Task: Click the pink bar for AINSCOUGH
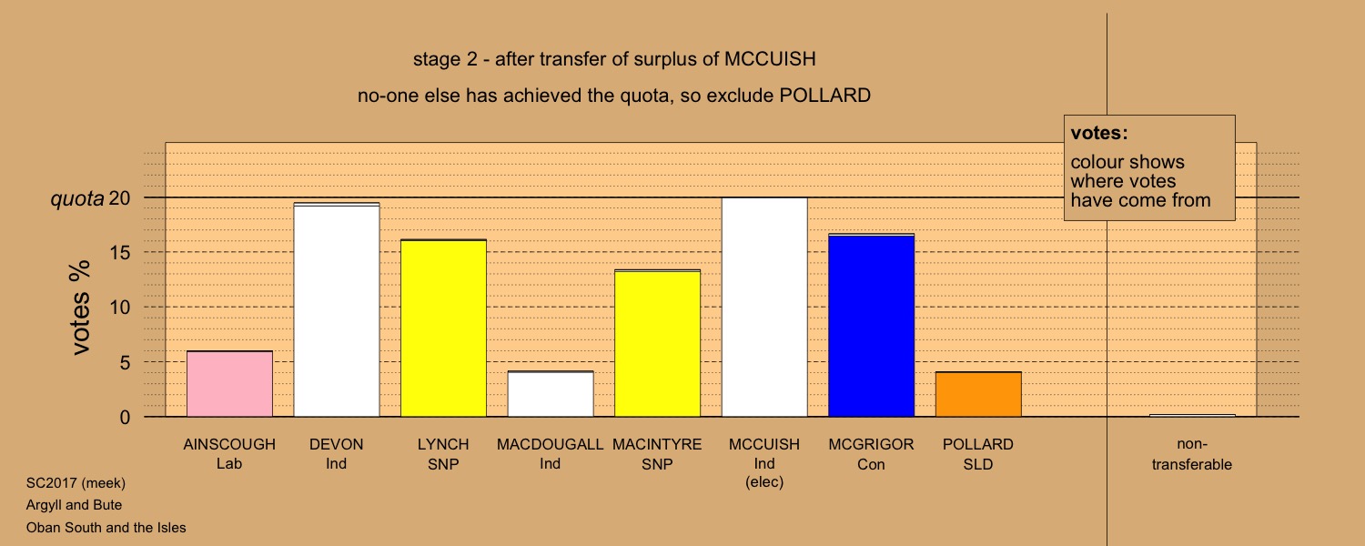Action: [229, 384]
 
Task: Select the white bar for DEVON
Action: [337, 309]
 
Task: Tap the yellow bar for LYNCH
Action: [444, 328]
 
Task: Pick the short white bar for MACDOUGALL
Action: [551, 394]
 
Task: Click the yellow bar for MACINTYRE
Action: [658, 343]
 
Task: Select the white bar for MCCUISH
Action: [764, 308]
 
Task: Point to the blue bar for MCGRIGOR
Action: [872, 326]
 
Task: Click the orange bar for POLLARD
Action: [978, 394]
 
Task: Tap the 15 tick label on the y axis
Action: [120, 252]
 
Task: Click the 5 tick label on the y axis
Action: [125, 362]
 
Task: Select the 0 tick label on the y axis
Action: [125, 418]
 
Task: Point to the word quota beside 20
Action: [77, 199]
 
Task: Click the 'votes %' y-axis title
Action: [80, 308]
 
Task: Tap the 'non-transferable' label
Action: [1192, 454]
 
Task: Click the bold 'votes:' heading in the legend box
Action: [1099, 133]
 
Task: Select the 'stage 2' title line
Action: [614, 59]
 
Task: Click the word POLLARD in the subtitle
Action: [825, 96]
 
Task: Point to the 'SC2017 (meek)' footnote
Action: [76, 483]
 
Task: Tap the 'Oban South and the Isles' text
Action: [106, 527]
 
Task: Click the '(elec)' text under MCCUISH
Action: [764, 482]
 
